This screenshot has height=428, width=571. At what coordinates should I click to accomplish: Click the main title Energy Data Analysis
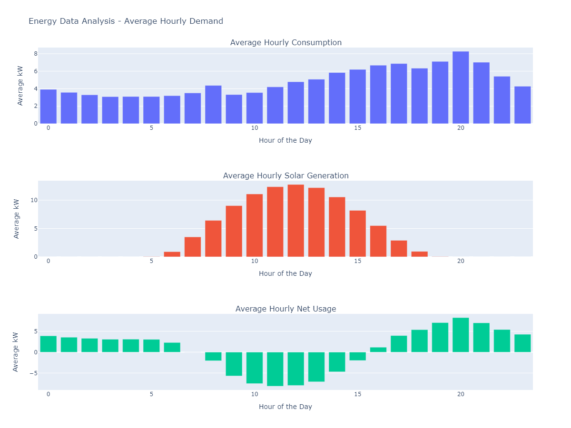126,21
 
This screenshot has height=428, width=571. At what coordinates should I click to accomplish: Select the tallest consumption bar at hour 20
461,88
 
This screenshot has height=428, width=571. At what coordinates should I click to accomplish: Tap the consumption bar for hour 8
213,105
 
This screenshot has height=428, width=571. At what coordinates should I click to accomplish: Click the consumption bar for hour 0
48,107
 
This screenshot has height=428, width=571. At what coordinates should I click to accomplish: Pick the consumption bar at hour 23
522,105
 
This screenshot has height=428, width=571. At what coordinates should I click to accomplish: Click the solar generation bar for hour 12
295,221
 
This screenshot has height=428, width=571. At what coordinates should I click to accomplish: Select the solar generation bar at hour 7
193,247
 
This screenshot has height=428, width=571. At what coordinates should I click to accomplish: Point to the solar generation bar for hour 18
419,254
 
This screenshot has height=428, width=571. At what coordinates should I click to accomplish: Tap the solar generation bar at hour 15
357,233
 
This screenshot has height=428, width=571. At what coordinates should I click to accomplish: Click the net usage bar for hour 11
275,369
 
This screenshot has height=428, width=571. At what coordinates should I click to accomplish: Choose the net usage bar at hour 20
461,335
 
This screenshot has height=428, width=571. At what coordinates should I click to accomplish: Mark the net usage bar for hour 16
378,350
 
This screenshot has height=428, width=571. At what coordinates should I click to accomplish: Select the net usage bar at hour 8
213,356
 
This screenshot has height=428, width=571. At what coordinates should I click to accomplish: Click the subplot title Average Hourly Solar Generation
285,175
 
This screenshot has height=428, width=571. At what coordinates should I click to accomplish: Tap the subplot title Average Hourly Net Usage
285,309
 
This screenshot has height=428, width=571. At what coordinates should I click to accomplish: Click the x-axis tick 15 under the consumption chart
357,128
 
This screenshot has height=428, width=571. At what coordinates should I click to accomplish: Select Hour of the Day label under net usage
285,407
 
